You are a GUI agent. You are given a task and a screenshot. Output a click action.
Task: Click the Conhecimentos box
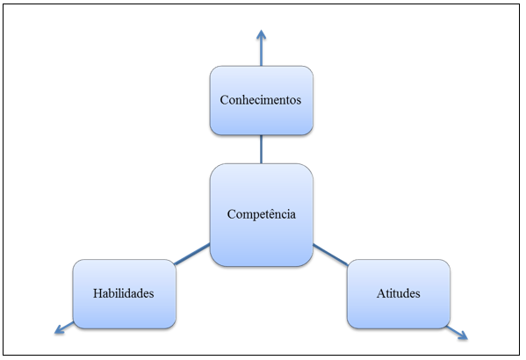coord(262,101)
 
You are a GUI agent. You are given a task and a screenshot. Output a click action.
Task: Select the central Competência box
coord(262,215)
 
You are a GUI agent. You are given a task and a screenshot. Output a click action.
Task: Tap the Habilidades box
coord(125,294)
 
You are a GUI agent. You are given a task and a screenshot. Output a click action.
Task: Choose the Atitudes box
coord(399,294)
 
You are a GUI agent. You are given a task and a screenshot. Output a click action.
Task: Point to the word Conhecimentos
coord(261,100)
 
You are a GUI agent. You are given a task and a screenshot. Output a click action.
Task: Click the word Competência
coord(262,214)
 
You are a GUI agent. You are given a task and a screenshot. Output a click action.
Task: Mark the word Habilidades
coord(124,293)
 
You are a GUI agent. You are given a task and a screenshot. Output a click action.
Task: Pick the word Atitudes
coord(398,293)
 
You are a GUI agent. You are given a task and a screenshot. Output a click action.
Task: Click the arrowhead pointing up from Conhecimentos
coord(262,35)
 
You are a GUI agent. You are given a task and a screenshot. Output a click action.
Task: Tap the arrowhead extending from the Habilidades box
coord(60,329)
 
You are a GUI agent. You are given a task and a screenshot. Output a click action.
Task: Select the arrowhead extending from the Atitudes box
coord(463,335)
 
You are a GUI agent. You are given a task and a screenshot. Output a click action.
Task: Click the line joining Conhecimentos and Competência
coord(262,149)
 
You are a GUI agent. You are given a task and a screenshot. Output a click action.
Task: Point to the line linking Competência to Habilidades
coord(192,254)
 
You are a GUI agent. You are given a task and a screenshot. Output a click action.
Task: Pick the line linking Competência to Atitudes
coord(330,255)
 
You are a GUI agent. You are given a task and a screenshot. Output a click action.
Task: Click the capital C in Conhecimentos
coord(225,100)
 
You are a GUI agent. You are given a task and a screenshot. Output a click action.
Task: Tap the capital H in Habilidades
coord(97,293)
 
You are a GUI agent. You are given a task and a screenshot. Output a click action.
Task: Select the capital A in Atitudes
coord(381,293)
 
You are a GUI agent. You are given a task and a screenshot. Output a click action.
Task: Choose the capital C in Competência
coord(232,214)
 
